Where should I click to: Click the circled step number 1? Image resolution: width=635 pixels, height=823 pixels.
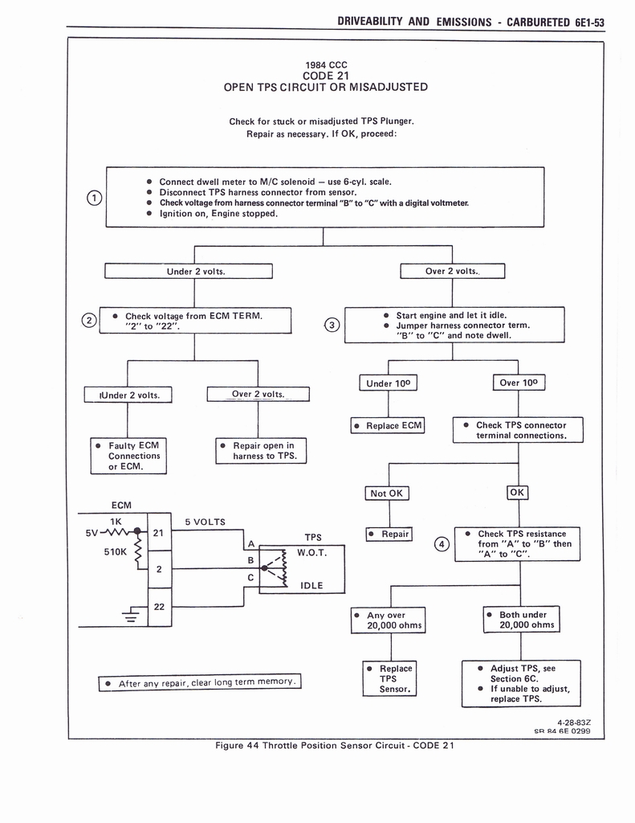[x=95, y=198]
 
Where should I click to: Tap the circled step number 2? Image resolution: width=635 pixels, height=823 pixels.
[x=88, y=321]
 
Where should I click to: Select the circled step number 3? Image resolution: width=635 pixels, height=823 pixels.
[x=332, y=326]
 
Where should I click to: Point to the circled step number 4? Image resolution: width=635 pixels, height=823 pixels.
[x=441, y=544]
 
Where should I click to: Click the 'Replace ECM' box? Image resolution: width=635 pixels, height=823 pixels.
[x=388, y=425]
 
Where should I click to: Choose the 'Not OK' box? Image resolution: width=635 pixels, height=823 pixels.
[x=389, y=493]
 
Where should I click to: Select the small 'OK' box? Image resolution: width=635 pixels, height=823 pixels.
[x=517, y=492]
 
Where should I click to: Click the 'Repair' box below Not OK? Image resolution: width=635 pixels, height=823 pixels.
[x=389, y=534]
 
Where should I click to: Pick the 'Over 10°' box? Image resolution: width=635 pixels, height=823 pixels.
[x=519, y=383]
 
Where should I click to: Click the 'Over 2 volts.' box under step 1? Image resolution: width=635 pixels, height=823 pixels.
[x=452, y=271]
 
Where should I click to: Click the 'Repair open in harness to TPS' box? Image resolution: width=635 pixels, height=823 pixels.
[x=262, y=451]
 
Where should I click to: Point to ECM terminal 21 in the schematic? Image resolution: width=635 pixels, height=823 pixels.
[x=159, y=532]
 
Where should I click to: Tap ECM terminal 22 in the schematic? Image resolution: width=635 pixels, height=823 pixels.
[x=159, y=607]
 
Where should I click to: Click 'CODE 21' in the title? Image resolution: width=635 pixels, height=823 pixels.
[x=325, y=76]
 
